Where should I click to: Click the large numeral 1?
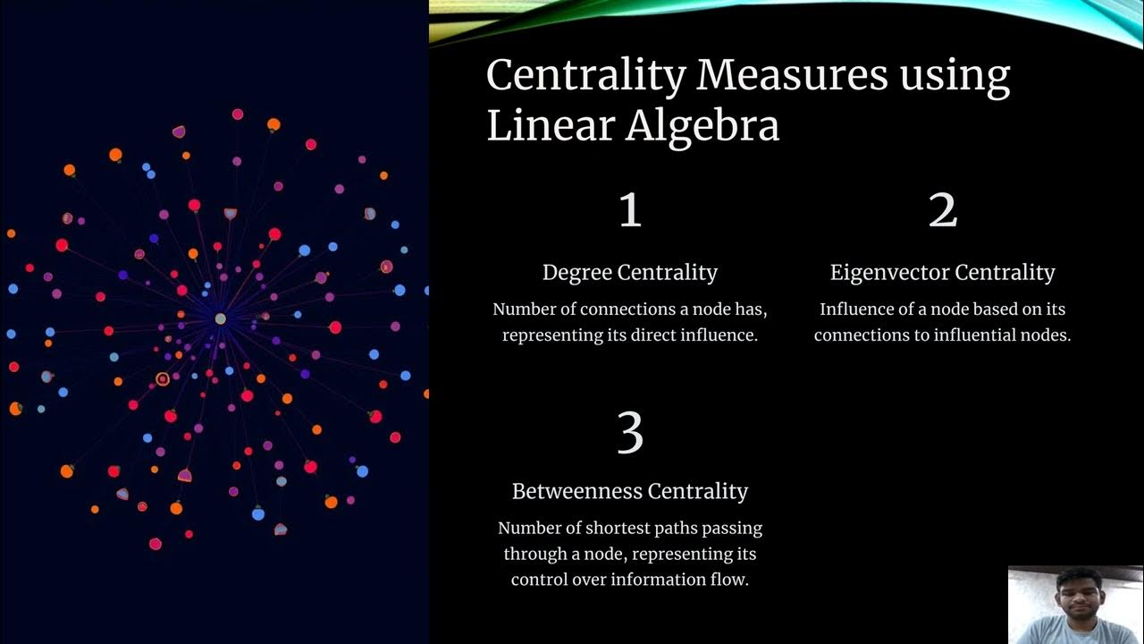click(x=630, y=211)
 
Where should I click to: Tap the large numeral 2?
click(x=943, y=211)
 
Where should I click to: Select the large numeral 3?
click(x=630, y=433)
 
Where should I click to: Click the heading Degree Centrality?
click(x=630, y=273)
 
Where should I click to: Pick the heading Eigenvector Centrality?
click(x=942, y=273)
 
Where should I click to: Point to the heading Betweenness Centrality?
click(x=630, y=491)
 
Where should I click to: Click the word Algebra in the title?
click(x=702, y=126)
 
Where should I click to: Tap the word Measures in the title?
click(x=792, y=76)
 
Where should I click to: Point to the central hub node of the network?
click(x=220, y=318)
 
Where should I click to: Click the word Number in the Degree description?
click(x=525, y=309)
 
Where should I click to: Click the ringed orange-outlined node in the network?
click(x=163, y=379)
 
